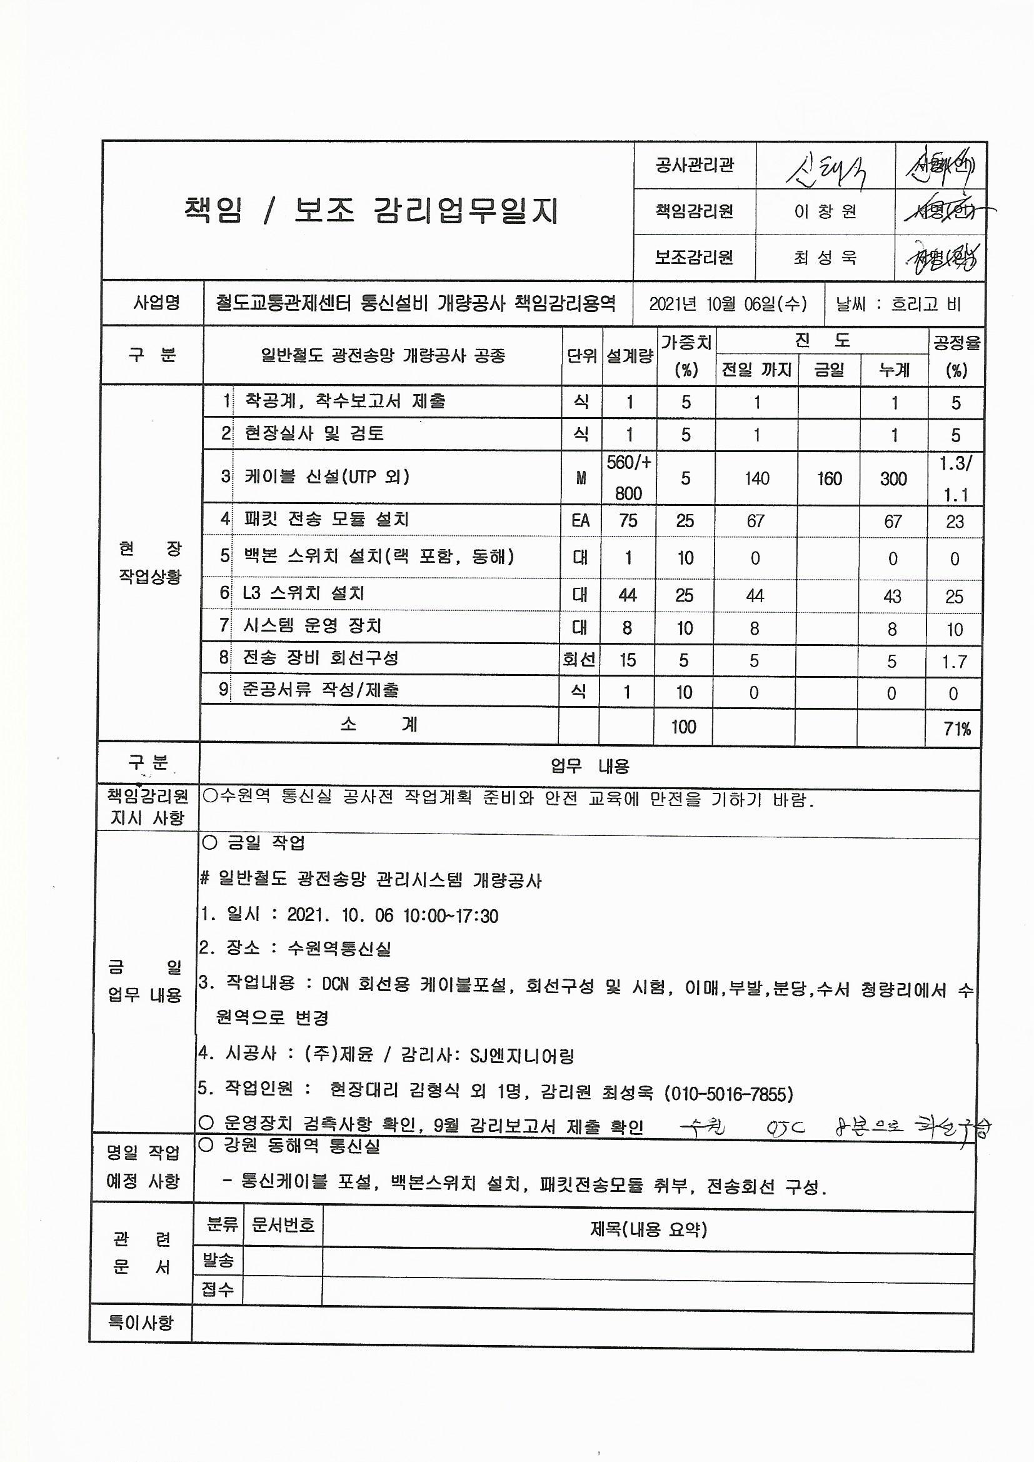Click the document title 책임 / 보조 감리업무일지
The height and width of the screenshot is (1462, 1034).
tap(370, 211)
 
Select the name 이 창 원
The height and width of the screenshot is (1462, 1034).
tap(825, 211)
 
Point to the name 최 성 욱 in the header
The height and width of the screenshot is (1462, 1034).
tap(825, 258)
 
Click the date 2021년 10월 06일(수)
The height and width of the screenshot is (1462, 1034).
tap(728, 304)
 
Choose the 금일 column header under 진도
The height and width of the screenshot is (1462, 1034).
tap(829, 370)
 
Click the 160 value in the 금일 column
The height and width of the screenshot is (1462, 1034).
tap(829, 478)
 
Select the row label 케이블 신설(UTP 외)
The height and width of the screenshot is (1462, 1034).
tap(326, 476)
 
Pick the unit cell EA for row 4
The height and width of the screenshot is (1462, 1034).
tap(580, 521)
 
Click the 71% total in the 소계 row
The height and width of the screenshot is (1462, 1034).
tap(957, 728)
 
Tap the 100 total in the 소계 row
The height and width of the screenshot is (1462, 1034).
tap(683, 727)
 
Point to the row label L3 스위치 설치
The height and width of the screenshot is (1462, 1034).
tap(304, 593)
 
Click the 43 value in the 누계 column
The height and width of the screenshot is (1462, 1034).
tap(892, 596)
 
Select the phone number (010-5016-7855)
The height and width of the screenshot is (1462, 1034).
tap(728, 1094)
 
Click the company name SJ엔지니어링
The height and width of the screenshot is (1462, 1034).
tap(522, 1056)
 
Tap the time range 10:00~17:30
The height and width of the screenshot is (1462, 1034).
tap(451, 915)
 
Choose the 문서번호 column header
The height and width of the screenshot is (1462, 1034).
tap(283, 1224)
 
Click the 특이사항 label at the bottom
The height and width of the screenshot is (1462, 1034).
tap(141, 1323)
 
